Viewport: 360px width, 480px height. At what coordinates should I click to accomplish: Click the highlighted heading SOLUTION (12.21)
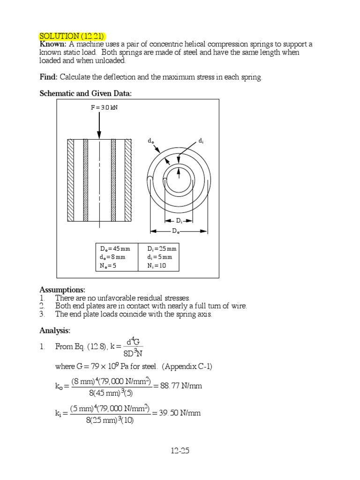pos(72,37)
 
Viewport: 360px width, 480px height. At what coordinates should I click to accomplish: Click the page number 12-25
pos(180,451)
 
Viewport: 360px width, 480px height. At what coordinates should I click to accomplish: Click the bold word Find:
pos(48,77)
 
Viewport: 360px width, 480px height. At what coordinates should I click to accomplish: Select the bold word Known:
pos(53,44)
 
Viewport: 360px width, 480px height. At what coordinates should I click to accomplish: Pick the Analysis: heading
pos(55,331)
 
